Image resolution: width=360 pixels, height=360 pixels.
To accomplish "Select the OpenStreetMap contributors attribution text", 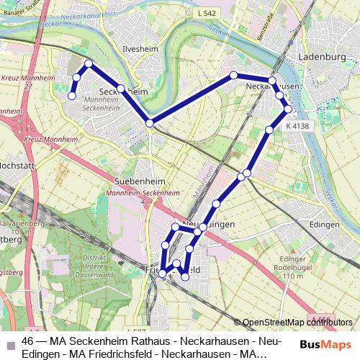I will click(296, 323).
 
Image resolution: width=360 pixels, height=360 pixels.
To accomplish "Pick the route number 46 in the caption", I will click(28, 341).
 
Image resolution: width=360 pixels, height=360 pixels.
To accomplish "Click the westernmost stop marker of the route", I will click(71, 95).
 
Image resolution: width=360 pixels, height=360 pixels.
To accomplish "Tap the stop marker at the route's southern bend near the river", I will click(150, 123).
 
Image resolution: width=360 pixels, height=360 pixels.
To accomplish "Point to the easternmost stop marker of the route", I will click(288, 109).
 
